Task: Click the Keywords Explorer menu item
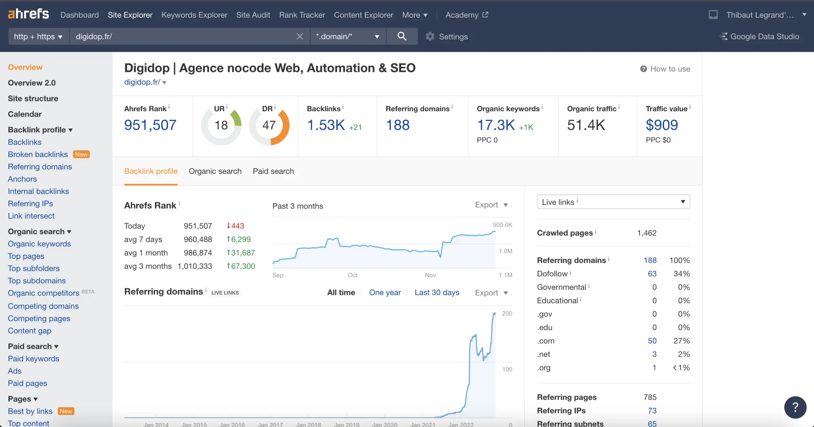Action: tap(194, 15)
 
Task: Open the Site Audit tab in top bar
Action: tap(253, 15)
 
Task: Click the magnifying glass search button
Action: tap(402, 36)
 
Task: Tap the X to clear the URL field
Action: tap(299, 36)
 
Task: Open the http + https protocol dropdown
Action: tap(38, 36)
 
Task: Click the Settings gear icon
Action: tap(430, 36)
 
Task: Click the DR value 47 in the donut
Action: tap(269, 125)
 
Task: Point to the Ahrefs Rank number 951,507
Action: tap(150, 125)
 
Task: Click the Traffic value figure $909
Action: tap(661, 125)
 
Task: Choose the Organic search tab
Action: tap(215, 171)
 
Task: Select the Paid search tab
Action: tap(273, 171)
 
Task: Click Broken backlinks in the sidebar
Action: tap(38, 154)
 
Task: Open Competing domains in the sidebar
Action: tap(43, 306)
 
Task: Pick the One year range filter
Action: tap(385, 292)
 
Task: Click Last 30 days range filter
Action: tap(437, 292)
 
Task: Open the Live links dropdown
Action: tap(613, 202)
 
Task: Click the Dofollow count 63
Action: tap(652, 274)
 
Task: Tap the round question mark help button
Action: tap(795, 407)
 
